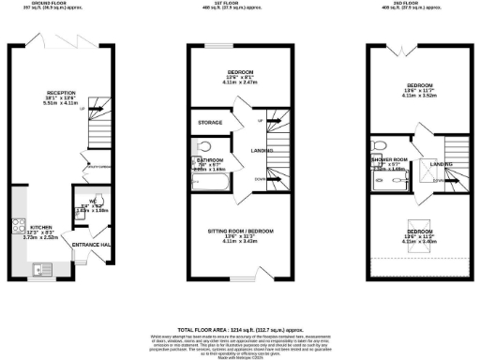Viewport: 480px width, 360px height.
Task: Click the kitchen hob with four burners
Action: (x=18, y=225)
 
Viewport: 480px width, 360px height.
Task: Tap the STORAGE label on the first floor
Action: (x=208, y=123)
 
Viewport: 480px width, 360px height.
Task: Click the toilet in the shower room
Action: (x=381, y=145)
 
